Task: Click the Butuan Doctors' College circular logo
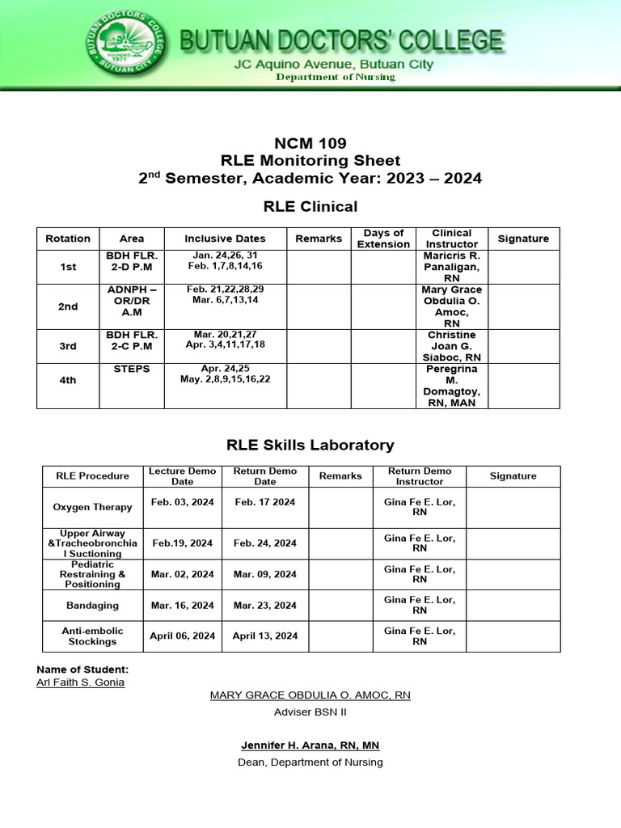[x=123, y=43]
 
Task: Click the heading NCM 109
[x=310, y=144]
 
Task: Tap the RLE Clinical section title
[x=310, y=206]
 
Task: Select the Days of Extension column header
[x=383, y=239]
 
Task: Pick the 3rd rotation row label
[x=68, y=346]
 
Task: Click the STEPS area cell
[x=131, y=370]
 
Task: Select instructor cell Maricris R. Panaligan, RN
[x=451, y=267]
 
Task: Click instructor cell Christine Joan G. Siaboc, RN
[x=451, y=346]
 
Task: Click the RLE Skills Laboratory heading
[x=310, y=445]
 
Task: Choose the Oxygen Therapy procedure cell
[x=92, y=508]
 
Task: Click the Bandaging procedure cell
[x=92, y=605]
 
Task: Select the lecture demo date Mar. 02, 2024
[x=182, y=574]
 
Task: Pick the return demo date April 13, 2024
[x=265, y=636]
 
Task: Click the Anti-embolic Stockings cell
[x=92, y=636]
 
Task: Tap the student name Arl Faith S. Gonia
[x=81, y=682]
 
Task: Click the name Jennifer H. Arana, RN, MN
[x=310, y=745]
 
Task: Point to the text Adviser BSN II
[x=310, y=712]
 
